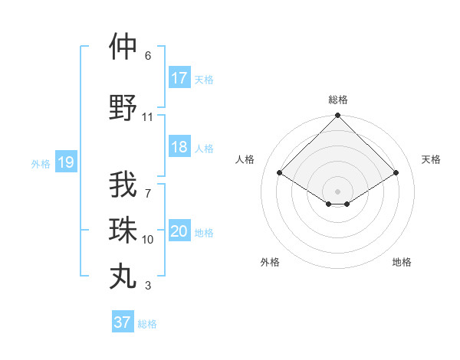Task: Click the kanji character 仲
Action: (123, 47)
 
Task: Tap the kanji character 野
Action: (123, 108)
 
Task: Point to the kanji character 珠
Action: (123, 229)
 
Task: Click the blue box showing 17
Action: (179, 77)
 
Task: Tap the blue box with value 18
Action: (179, 147)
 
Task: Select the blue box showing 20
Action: (179, 231)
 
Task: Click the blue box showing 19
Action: (66, 162)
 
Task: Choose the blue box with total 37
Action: (123, 322)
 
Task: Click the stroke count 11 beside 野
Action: (148, 117)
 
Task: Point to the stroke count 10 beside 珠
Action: (148, 239)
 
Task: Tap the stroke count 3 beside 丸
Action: (148, 286)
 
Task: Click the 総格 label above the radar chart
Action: (338, 100)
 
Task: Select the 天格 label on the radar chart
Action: (431, 159)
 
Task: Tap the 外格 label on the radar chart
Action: (269, 262)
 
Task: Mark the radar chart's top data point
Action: (337, 116)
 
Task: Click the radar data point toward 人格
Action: (280, 173)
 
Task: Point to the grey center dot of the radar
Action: (337, 190)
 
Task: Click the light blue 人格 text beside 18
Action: (204, 148)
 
